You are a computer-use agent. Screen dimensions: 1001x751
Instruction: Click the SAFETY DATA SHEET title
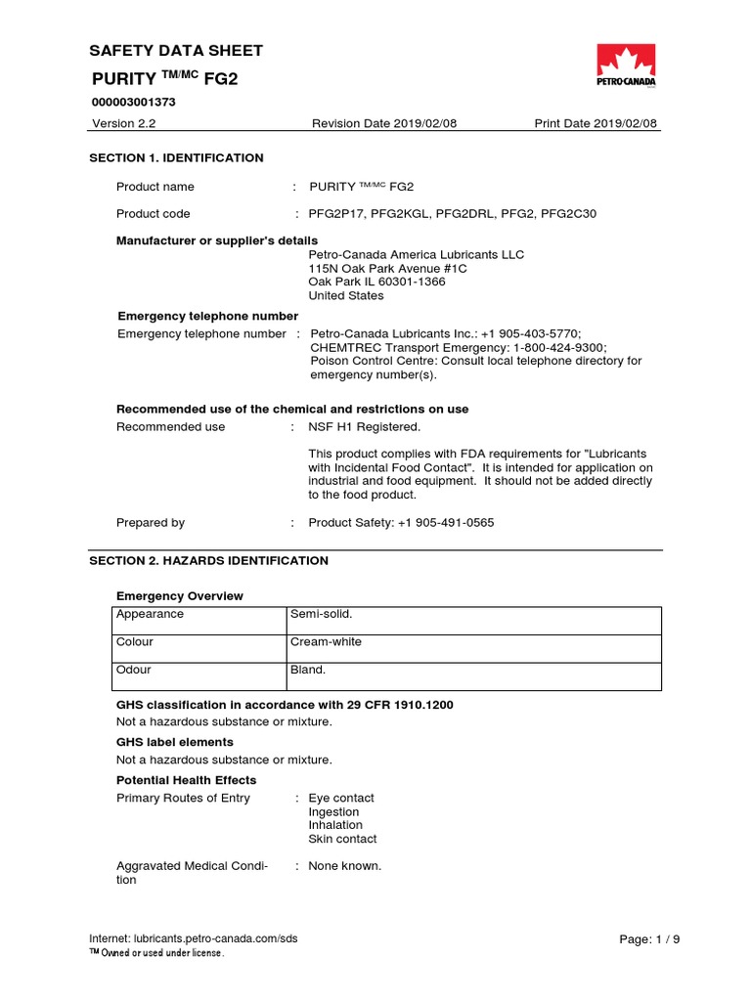(x=176, y=51)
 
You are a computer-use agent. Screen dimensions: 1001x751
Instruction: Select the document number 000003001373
(x=133, y=102)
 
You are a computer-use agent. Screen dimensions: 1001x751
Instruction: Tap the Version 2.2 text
(x=124, y=123)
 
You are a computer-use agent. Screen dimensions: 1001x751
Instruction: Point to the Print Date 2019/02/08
(x=596, y=123)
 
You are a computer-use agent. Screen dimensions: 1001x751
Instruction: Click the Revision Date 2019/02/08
(x=371, y=123)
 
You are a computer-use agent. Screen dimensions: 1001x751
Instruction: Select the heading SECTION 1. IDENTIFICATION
(x=176, y=157)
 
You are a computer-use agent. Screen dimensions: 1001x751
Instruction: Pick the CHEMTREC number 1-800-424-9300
(x=556, y=347)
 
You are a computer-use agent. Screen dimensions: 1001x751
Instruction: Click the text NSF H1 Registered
(x=364, y=427)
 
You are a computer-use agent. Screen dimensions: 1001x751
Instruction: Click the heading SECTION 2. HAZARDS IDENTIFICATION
(x=208, y=561)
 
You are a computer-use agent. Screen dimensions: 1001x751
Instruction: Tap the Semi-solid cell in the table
(x=321, y=614)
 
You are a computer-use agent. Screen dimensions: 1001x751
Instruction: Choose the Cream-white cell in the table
(x=326, y=642)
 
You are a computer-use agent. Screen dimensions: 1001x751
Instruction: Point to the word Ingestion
(x=333, y=811)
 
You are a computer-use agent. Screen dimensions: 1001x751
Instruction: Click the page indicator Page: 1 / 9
(x=649, y=939)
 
